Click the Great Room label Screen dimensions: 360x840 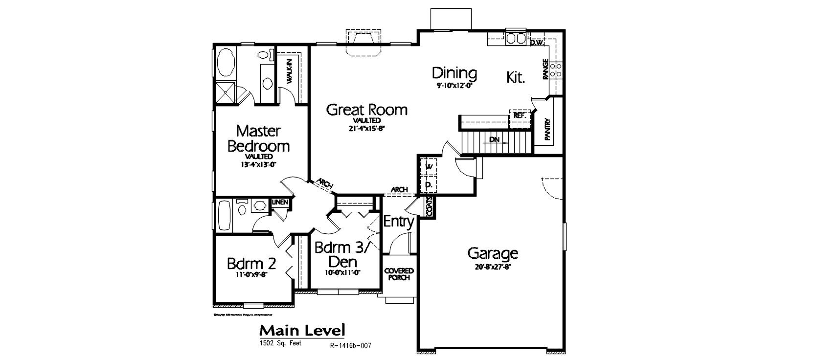[366, 109]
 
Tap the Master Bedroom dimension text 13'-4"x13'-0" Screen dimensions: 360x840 [259, 164]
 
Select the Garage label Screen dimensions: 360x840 [492, 253]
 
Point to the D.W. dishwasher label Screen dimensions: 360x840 [537, 43]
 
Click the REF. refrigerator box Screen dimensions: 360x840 [519, 116]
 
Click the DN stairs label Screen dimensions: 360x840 [495, 140]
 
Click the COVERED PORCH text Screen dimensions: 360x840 [399, 274]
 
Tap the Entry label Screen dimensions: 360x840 [398, 222]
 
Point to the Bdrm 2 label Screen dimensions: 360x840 [251, 264]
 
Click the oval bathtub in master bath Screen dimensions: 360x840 [226, 62]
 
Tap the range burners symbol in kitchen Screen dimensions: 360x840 [555, 69]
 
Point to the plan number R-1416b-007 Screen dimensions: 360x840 [350, 345]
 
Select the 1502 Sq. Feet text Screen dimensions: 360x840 [280, 343]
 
